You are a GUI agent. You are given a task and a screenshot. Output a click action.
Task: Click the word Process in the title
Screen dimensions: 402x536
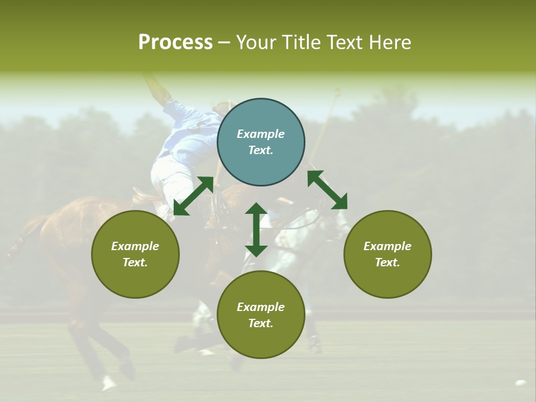(x=175, y=42)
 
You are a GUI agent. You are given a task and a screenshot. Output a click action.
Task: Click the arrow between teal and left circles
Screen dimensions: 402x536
(x=193, y=196)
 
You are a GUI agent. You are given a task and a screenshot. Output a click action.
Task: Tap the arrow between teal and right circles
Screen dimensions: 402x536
(x=327, y=190)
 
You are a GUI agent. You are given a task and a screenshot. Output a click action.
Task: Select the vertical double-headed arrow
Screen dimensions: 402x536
(x=256, y=229)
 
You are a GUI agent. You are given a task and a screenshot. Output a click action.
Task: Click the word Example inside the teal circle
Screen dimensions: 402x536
(x=261, y=134)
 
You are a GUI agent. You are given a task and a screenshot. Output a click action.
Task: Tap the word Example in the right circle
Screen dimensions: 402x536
(x=387, y=246)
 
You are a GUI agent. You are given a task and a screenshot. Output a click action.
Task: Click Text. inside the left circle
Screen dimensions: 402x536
(x=135, y=262)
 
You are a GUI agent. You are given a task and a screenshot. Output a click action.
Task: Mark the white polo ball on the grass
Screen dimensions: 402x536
(x=520, y=384)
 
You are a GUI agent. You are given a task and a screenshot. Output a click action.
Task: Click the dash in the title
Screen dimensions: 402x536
(x=224, y=43)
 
